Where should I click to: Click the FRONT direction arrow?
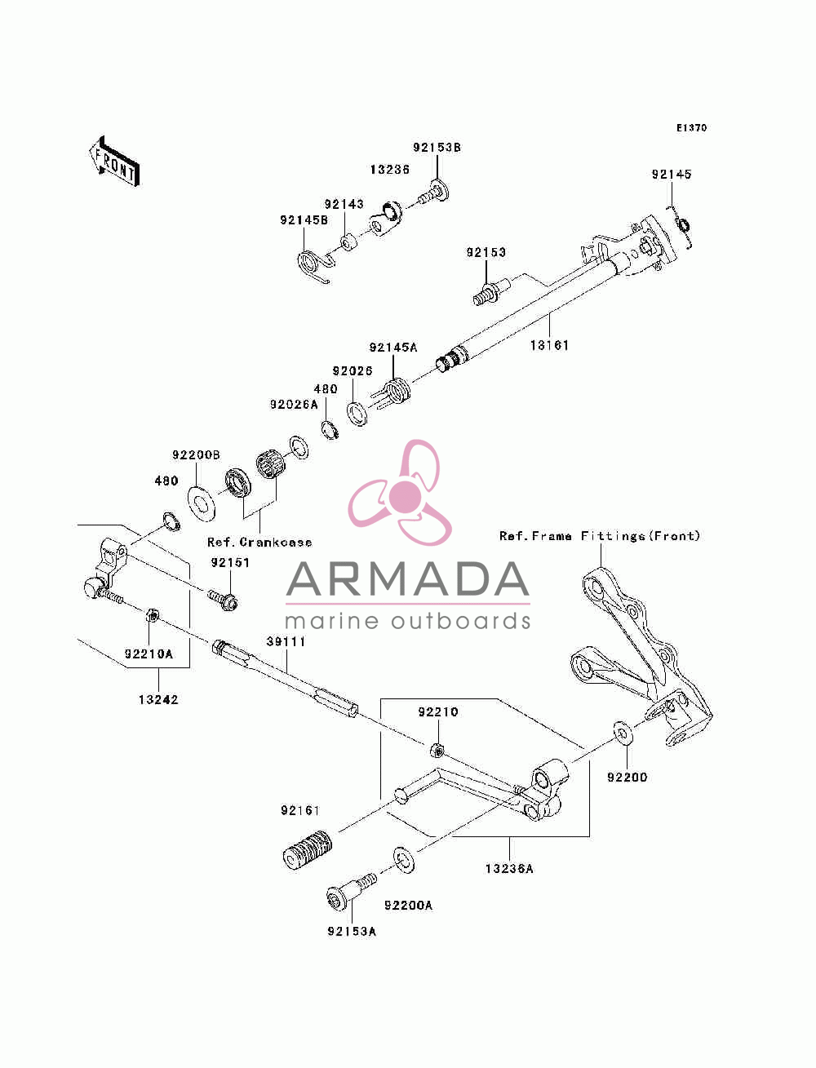114,162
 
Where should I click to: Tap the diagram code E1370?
691,128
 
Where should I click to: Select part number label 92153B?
437,148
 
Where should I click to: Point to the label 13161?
549,345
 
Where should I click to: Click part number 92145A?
393,348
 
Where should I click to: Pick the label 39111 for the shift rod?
286,642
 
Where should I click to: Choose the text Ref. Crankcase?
259,542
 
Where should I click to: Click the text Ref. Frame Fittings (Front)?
600,536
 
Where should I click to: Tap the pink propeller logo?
400,492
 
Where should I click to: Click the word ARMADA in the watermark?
408,579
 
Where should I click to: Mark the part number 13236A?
509,868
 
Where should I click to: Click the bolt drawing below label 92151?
223,600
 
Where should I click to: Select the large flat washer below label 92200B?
202,503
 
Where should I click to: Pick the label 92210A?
149,654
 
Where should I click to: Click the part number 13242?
158,700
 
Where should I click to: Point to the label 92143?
344,204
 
